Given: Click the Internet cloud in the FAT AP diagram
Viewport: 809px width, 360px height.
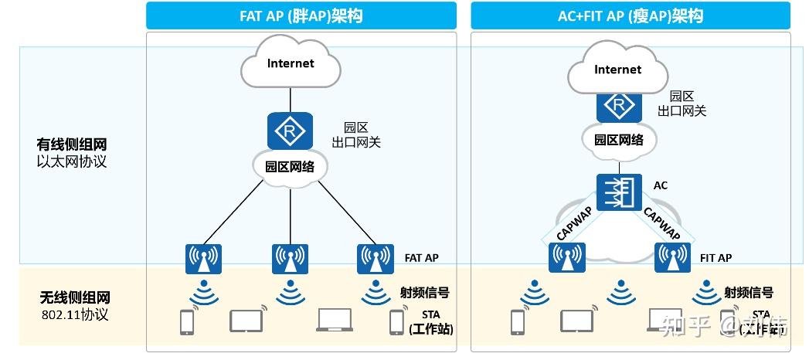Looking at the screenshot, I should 291,65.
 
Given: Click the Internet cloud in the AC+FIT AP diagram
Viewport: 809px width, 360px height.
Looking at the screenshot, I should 617,71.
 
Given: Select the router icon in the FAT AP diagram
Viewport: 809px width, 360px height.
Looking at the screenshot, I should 290,131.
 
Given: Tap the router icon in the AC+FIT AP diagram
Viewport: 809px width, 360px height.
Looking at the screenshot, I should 618,105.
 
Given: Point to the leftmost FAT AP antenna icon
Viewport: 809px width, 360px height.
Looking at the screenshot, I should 204,259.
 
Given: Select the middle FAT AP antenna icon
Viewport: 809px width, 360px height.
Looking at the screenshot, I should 290,259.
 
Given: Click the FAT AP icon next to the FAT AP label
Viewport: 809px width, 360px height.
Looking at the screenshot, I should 376,259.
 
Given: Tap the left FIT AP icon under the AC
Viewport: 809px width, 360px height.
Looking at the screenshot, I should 567,257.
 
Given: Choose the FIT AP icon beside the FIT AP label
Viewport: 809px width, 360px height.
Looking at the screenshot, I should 672,257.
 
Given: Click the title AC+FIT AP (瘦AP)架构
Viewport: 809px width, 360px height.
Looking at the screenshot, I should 631,15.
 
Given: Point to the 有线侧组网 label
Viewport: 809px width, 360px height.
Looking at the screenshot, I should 73,144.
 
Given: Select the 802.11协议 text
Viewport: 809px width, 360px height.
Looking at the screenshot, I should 73,314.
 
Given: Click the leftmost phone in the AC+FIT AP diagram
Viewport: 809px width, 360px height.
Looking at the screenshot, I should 517,321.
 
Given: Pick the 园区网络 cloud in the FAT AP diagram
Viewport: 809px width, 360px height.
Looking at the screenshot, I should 291,166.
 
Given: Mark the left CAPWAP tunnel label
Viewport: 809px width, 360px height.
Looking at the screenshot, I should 573,222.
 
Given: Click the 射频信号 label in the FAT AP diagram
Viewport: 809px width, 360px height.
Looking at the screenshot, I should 424,292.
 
